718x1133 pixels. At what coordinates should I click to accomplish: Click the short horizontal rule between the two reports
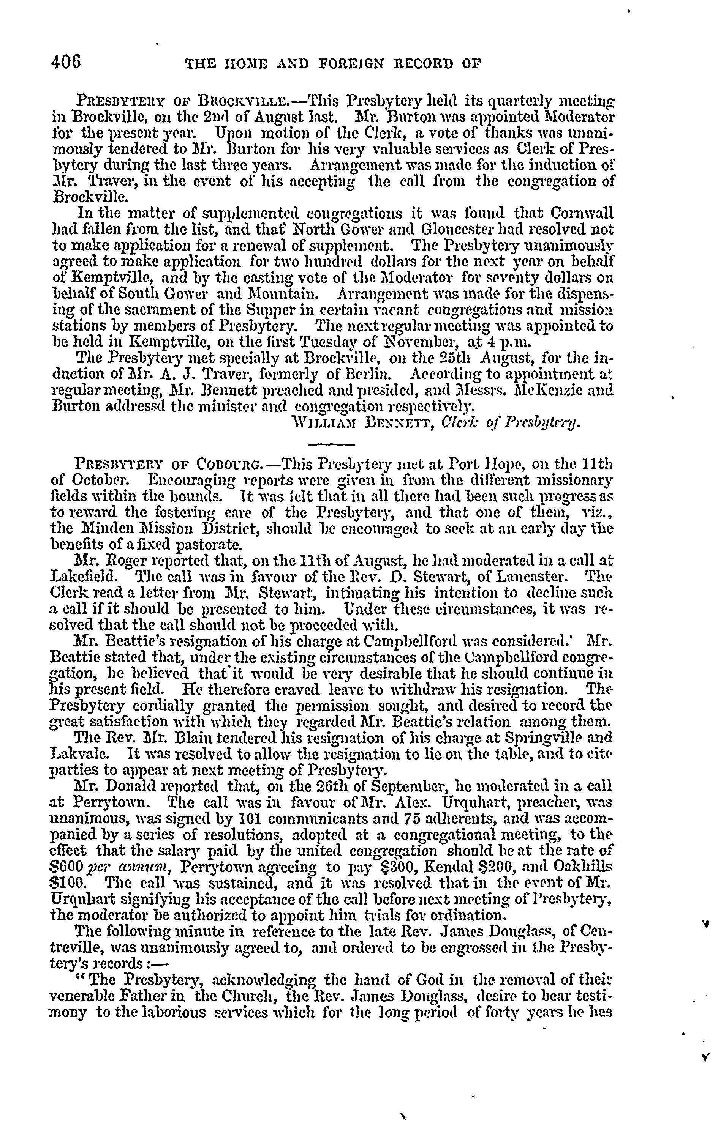(331, 444)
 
